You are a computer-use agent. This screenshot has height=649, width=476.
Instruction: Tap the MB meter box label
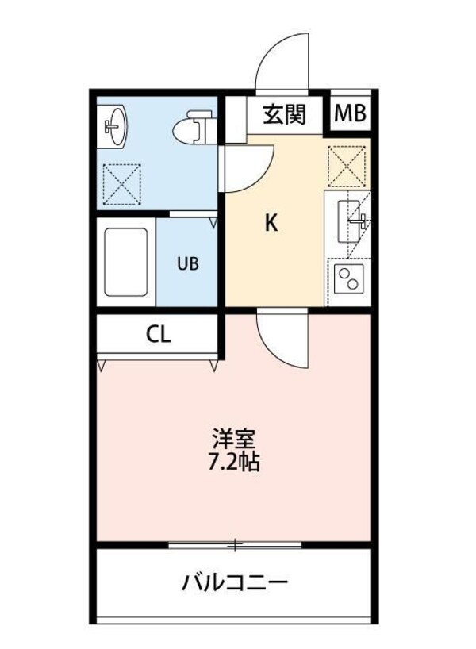click(350, 114)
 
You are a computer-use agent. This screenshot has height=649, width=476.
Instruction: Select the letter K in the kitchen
click(271, 224)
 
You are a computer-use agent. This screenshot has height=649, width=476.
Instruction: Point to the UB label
click(188, 263)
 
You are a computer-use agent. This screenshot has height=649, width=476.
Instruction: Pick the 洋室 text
click(235, 439)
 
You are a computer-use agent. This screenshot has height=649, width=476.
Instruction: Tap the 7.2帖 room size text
click(235, 462)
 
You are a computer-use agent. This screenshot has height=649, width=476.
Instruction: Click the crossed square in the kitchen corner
click(347, 167)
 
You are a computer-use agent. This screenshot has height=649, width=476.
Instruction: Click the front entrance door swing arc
click(282, 61)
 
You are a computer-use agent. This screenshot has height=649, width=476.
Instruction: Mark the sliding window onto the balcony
click(235, 545)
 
